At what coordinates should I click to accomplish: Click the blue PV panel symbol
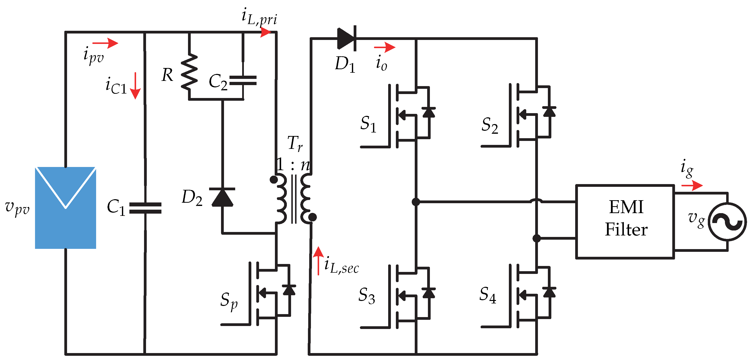(65, 207)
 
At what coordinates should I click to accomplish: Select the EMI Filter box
(625, 222)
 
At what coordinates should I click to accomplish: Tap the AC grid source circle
(727, 222)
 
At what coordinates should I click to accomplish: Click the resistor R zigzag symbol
(189, 71)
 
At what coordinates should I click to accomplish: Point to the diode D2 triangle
(223, 197)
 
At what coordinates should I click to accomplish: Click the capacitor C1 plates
(145, 208)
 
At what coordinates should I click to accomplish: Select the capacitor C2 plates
(243, 81)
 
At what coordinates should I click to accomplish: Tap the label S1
(368, 124)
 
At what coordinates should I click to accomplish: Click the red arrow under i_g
(692, 185)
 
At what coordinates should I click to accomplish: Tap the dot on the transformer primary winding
(273, 179)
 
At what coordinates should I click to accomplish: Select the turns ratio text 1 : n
(293, 165)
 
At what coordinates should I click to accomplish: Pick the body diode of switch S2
(549, 112)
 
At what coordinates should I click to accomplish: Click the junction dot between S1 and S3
(416, 202)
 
